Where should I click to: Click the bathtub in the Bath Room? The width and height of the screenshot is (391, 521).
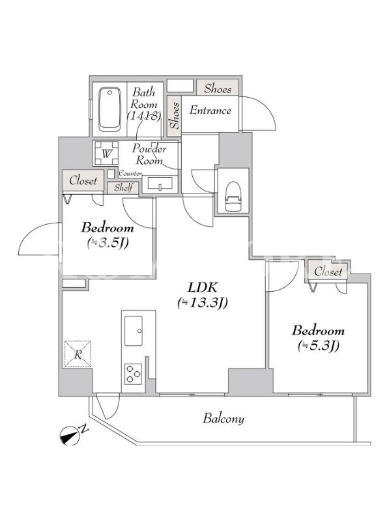pyautogui.click(x=110, y=109)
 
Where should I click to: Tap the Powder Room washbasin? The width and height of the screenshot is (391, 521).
pyautogui.click(x=160, y=185)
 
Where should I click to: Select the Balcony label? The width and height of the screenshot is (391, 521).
pyautogui.click(x=223, y=419)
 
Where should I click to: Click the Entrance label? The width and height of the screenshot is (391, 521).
pyautogui.click(x=210, y=111)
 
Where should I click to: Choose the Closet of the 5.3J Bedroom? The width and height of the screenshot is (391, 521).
pyautogui.click(x=328, y=272)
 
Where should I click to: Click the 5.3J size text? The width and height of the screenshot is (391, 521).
pyautogui.click(x=318, y=345)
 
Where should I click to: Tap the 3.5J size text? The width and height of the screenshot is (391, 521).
pyautogui.click(x=108, y=242)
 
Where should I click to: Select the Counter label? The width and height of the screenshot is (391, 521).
pyautogui.click(x=130, y=173)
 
